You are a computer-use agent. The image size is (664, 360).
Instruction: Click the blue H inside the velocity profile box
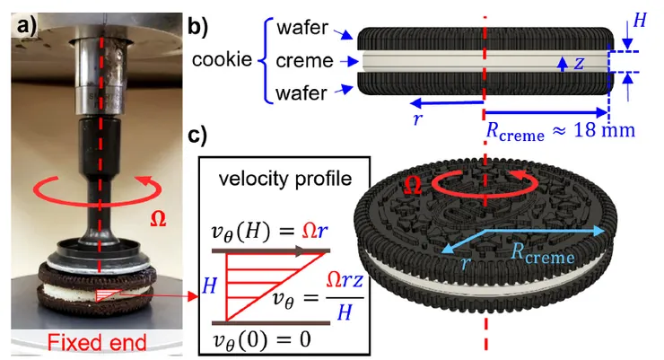209,285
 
